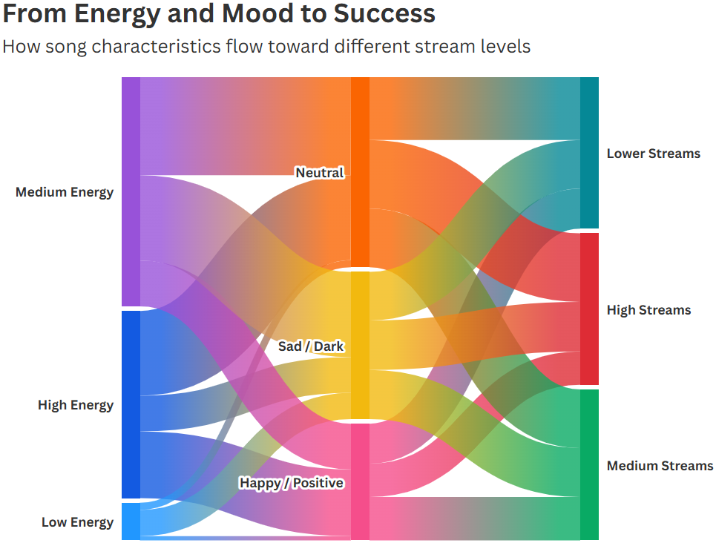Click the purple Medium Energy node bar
(x=131, y=192)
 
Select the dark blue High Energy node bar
(x=131, y=404)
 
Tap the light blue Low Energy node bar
(x=131, y=521)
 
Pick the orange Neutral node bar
(x=360, y=172)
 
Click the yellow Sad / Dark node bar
(x=360, y=345)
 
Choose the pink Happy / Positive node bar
(x=360, y=482)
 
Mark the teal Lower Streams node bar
(x=590, y=153)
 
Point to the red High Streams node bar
(x=590, y=309)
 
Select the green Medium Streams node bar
(x=590, y=465)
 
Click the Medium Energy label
(x=65, y=192)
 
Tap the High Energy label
(x=76, y=405)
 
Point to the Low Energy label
(x=78, y=522)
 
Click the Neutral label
(x=320, y=173)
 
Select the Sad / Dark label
(x=311, y=346)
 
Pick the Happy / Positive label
(x=292, y=483)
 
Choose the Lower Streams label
(x=654, y=154)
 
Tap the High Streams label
(x=649, y=310)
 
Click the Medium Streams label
(x=660, y=466)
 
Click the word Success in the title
(x=384, y=13)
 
